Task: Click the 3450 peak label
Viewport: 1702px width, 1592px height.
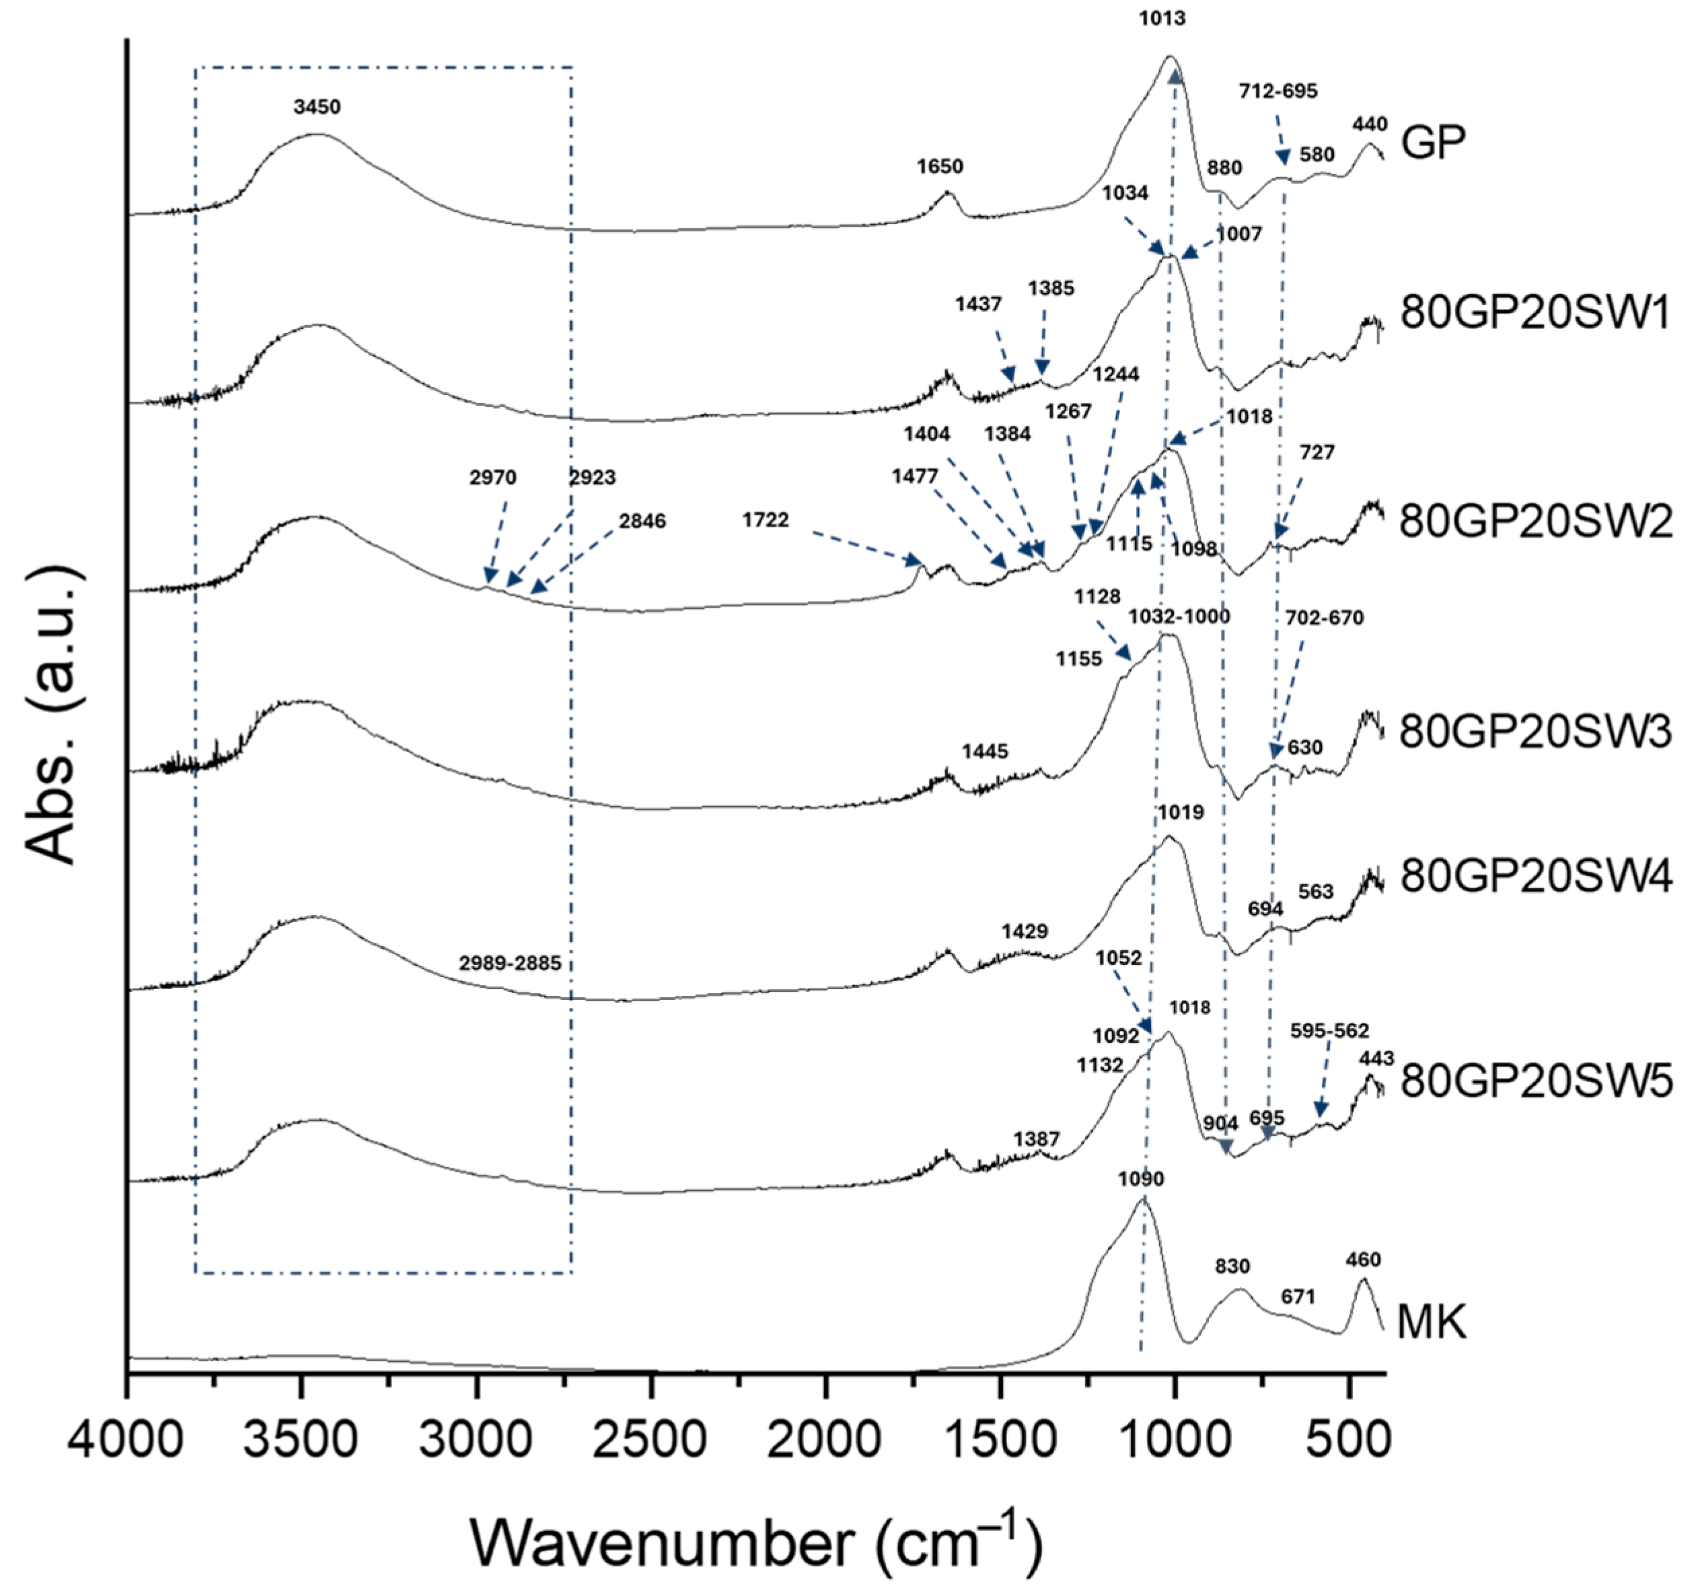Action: pyautogui.click(x=317, y=107)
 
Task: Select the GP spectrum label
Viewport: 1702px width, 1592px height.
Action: pyautogui.click(x=1433, y=142)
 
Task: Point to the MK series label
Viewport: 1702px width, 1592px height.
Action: pyautogui.click(x=1432, y=1322)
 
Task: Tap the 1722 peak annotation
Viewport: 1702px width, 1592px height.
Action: pyautogui.click(x=766, y=520)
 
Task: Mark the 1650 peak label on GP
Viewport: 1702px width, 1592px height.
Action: pyautogui.click(x=940, y=166)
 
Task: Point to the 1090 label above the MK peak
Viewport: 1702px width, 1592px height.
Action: pyautogui.click(x=1141, y=1180)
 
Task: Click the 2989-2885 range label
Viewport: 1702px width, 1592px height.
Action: pyautogui.click(x=510, y=964)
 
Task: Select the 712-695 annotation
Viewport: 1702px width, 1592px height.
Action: pyautogui.click(x=1278, y=91)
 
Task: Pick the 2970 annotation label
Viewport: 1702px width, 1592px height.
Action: pyautogui.click(x=492, y=478)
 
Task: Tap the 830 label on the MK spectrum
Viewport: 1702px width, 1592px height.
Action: pyautogui.click(x=1232, y=1266)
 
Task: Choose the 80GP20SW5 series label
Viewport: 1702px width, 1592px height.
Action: pyautogui.click(x=1535, y=1083)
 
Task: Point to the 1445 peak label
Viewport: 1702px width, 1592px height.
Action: pyautogui.click(x=985, y=751)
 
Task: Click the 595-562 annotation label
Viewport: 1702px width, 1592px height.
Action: pyautogui.click(x=1329, y=1030)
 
